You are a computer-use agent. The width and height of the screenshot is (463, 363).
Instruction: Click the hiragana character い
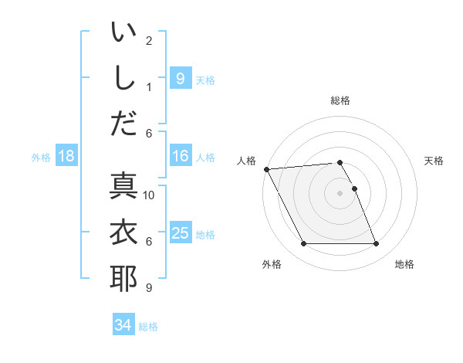(x=123, y=33)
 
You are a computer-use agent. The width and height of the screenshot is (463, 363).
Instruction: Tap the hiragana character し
(x=123, y=78)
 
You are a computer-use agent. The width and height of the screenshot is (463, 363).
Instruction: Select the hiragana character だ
(x=123, y=124)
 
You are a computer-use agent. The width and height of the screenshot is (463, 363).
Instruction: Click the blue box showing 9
(x=180, y=79)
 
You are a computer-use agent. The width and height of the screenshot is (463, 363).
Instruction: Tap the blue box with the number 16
(x=180, y=157)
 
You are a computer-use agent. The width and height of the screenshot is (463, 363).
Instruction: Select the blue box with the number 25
(x=180, y=233)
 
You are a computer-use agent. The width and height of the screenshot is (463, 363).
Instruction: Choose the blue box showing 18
(x=66, y=157)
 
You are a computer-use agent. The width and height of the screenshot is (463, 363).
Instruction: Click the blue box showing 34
(x=123, y=325)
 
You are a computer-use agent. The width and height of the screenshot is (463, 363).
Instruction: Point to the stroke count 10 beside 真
(x=149, y=195)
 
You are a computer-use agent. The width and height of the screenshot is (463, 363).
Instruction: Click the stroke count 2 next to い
(x=149, y=40)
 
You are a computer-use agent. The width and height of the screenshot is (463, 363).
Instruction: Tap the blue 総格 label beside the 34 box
(x=148, y=327)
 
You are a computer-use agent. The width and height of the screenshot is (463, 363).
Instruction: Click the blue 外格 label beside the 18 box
(x=41, y=158)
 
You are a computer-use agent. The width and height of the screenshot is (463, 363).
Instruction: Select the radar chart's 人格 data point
(x=266, y=168)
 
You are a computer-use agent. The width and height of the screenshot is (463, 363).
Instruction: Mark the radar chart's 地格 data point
(x=376, y=244)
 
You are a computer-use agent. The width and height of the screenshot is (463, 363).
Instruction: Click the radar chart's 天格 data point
(x=354, y=188)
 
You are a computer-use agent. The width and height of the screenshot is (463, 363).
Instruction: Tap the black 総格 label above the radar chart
(x=340, y=100)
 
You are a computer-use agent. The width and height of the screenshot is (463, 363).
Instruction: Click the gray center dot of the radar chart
(x=340, y=193)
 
